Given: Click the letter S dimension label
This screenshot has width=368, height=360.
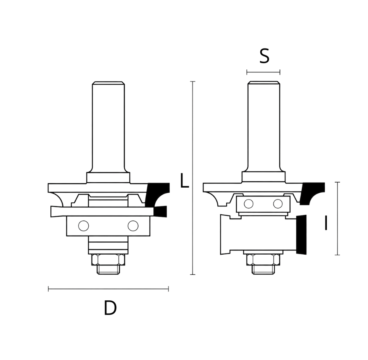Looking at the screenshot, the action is [x=264, y=56].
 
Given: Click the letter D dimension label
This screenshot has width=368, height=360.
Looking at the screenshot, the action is [x=110, y=308].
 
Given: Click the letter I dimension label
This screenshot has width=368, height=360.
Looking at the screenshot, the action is [x=326, y=223].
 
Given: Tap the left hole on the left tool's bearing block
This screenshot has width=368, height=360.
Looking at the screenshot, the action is [x=84, y=226].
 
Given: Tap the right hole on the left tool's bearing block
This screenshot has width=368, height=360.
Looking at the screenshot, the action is [x=133, y=226].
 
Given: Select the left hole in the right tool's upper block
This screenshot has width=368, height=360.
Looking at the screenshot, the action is [x=249, y=203].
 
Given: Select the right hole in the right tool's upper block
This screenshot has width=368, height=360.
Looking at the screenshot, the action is [x=278, y=203].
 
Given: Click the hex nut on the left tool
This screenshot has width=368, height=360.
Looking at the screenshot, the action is [x=108, y=260].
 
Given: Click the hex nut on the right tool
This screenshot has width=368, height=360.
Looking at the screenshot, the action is [x=263, y=260].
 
